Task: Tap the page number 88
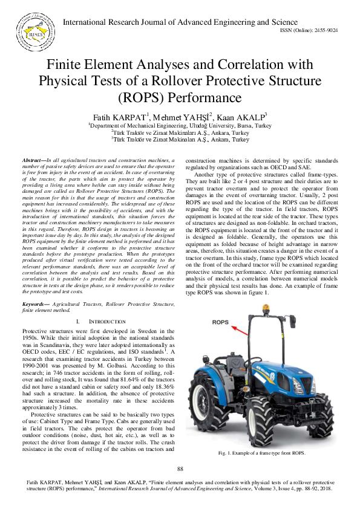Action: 180,468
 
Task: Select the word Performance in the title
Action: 206,97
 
